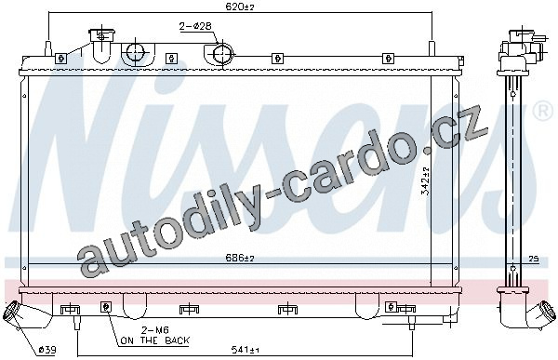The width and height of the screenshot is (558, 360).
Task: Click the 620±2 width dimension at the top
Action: pos(241,7)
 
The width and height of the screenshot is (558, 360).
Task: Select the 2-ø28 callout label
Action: pos(195,26)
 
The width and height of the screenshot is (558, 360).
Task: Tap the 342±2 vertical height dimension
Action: pos(426,181)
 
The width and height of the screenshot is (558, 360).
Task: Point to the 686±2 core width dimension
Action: pos(240,258)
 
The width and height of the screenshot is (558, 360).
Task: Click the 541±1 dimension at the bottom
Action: pos(245,351)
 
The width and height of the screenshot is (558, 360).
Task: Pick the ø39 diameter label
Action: pos(47,350)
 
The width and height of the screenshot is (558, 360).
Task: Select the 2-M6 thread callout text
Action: pos(154,330)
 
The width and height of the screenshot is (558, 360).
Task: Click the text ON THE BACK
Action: pos(154,340)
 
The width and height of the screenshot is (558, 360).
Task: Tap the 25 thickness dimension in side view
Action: pos(533,259)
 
